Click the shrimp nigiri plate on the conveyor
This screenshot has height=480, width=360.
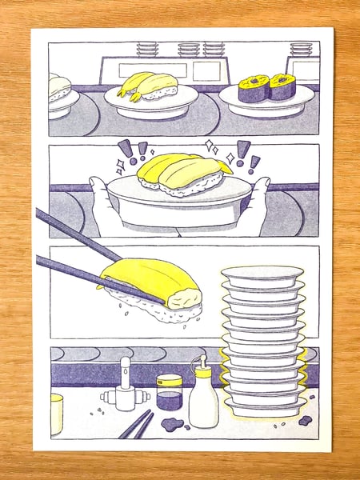150,99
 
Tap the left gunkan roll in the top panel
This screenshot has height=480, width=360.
254,87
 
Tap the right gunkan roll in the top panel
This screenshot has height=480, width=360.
282,86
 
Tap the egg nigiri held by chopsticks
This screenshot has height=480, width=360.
152,280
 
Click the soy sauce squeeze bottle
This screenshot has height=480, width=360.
203,397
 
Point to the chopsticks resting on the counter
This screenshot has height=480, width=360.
137,425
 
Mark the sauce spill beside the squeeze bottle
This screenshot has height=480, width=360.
173,423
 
